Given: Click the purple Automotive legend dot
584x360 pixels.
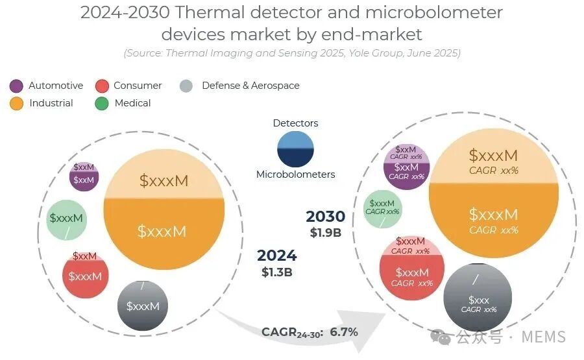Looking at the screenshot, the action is (16, 86).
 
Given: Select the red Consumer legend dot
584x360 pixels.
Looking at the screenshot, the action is (102, 86).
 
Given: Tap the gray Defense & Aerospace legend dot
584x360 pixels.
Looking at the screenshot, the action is (186, 86).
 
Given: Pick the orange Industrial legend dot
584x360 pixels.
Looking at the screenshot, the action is (17, 104).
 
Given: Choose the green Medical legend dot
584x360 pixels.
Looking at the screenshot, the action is (102, 104).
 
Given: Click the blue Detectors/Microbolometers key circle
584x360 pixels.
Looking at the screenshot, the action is (295, 149).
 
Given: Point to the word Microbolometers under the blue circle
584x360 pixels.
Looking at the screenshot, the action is (296, 174).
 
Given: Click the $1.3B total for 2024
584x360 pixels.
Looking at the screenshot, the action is (276, 272).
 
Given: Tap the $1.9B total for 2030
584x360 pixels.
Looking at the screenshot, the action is (326, 233).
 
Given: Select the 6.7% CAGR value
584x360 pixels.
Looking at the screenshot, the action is (344, 331).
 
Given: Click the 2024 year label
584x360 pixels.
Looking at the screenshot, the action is (276, 256).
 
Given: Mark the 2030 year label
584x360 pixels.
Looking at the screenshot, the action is (326, 216).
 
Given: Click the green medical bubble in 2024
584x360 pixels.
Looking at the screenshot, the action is (67, 220).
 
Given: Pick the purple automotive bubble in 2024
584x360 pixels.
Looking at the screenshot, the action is (84, 176).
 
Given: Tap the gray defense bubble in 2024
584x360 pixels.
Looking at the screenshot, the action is (143, 306).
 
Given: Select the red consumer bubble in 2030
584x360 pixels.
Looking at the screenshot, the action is (412, 268).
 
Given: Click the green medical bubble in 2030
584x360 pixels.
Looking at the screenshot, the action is (382, 210).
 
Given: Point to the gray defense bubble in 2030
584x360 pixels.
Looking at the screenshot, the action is (478, 297).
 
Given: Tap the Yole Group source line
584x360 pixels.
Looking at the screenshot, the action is (292, 53).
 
